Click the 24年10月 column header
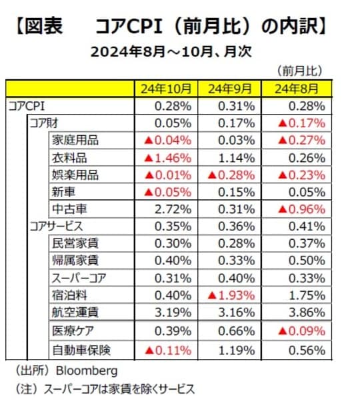166,89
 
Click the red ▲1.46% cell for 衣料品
167,158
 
